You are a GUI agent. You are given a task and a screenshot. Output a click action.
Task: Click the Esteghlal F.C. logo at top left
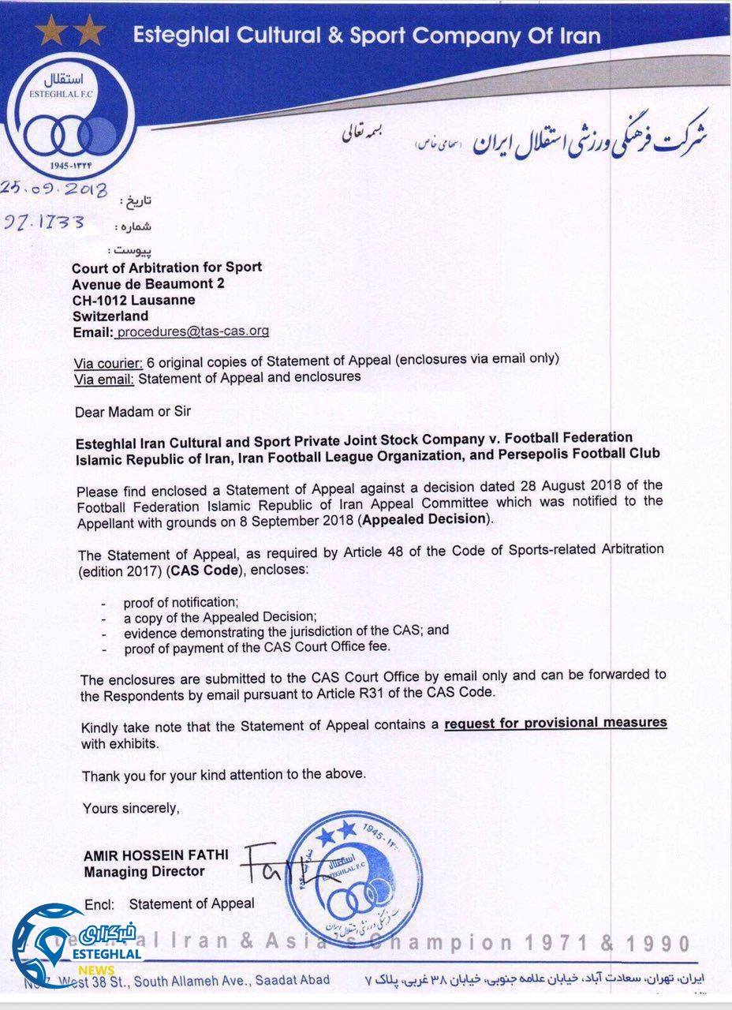(76, 118)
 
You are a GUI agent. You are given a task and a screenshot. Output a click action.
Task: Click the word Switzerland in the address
(110, 316)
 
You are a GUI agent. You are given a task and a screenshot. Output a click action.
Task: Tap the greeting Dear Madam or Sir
(133, 411)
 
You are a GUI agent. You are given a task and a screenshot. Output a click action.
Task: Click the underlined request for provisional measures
(555, 723)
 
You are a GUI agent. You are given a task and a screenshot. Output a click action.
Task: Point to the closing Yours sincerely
(132, 808)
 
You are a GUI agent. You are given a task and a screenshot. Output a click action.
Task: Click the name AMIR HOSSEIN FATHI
(155, 856)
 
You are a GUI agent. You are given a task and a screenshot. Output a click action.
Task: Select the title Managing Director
(144, 872)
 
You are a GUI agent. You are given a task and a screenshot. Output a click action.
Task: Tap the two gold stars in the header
(70, 32)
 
